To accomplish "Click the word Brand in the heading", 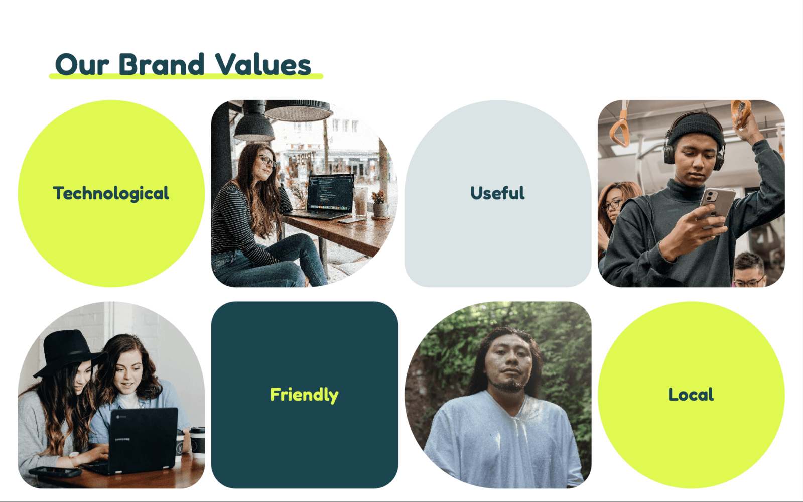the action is tap(161, 65).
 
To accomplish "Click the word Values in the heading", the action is tap(263, 65).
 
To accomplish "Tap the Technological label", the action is tap(111, 194).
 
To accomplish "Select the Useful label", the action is tap(497, 193).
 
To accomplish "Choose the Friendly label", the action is tap(304, 395).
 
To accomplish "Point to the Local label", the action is tap(691, 395).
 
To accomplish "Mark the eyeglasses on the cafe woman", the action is tap(267, 160).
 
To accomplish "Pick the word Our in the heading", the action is tap(82, 65).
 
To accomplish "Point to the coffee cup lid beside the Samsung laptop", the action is tap(197, 430).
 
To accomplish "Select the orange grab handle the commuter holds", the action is tap(741, 113).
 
